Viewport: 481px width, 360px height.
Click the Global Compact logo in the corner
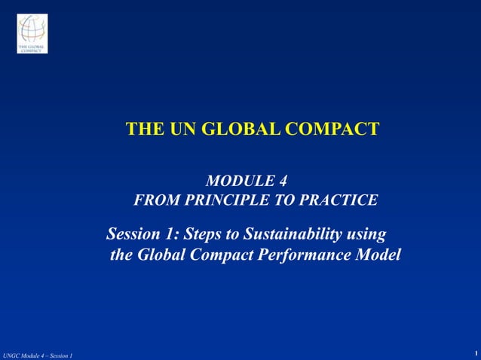click(32, 33)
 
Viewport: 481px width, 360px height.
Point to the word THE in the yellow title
click(143, 129)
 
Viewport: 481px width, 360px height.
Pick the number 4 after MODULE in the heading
click(283, 182)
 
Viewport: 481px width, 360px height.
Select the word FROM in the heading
click(157, 200)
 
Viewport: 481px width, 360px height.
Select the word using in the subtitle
click(368, 234)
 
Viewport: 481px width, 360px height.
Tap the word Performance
click(307, 255)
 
